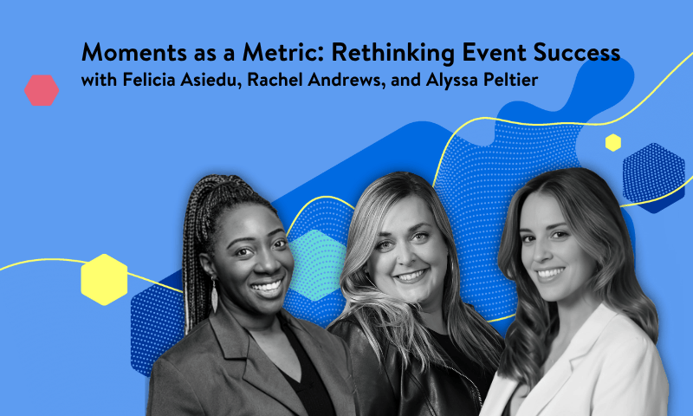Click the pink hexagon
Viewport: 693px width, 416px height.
(42, 89)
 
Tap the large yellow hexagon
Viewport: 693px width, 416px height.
(104, 279)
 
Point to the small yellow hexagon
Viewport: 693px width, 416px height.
(613, 143)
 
